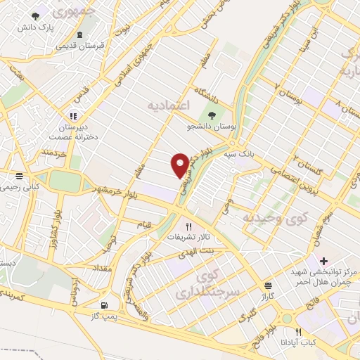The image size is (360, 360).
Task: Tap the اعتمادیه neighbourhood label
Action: click(169, 105)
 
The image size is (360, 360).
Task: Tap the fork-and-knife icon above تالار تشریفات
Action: click(188, 226)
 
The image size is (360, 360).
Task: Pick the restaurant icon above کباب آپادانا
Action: click(298, 332)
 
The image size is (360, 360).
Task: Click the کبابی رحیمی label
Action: click(19, 188)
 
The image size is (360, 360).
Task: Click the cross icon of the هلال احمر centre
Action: click(323, 261)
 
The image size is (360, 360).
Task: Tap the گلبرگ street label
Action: click(246, 316)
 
